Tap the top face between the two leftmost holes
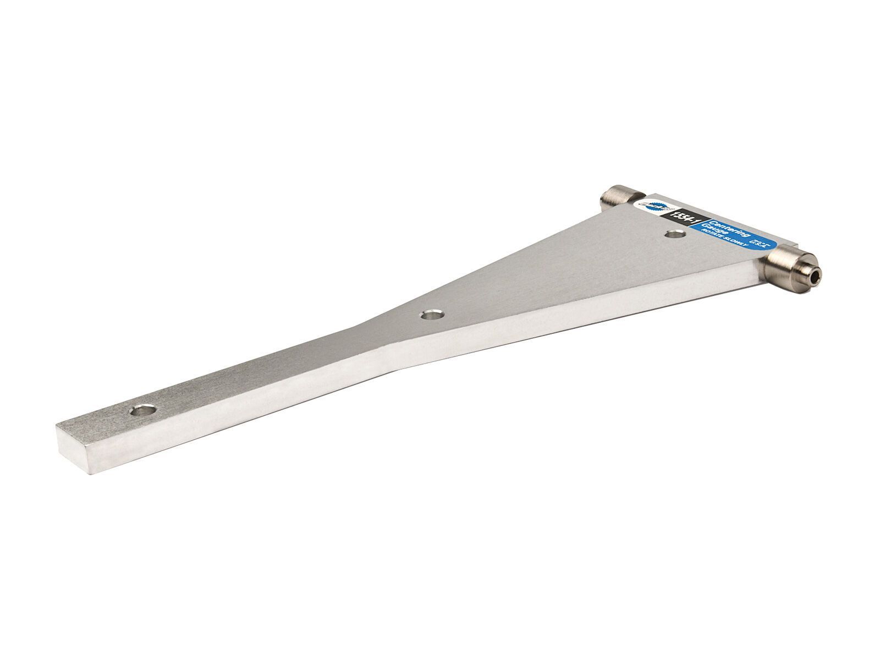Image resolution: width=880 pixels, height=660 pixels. tap(286, 363)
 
